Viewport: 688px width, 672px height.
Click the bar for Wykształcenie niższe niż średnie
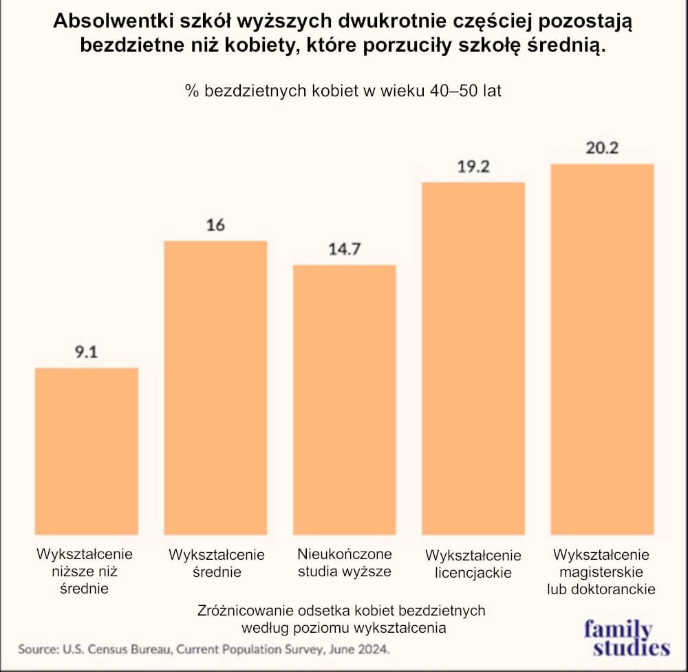coord(87,451)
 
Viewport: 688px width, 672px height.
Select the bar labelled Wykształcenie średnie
coord(215,388)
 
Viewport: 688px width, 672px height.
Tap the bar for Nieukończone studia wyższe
coord(345,399)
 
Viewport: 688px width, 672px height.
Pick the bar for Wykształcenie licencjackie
coord(473,358)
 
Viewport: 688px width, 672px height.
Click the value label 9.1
coord(87,353)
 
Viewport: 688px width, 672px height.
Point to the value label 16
coord(215,225)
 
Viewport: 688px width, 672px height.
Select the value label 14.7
coord(345,249)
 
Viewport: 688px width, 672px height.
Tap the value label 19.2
coord(473,167)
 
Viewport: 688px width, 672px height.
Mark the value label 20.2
coord(603,148)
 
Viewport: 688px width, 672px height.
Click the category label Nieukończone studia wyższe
coord(345,563)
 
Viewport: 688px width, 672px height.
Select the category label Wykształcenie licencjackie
coord(473,564)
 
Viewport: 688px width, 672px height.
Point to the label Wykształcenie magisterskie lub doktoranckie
coord(601,571)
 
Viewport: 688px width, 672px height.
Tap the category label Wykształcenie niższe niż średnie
coord(85,571)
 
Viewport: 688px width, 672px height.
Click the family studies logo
coord(626,638)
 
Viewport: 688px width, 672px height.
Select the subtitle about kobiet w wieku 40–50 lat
coord(343,91)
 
